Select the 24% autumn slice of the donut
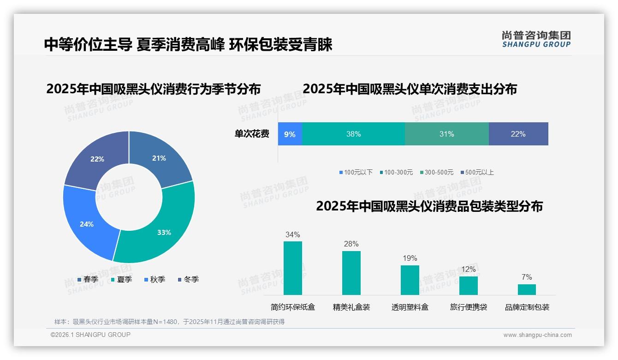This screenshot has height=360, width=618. pos(85,222)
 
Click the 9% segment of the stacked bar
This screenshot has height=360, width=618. pos(290,134)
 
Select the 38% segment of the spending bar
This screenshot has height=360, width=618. pos(353,134)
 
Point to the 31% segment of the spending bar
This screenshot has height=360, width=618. pos(446,134)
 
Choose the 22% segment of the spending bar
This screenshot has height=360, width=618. pos(518,134)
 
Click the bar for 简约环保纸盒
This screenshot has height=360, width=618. pos(292,268)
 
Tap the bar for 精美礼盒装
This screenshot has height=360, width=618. pos(351,273)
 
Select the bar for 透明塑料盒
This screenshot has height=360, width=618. pos(410,280)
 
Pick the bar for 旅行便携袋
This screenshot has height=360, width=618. pos(468,285)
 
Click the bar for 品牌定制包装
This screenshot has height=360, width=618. pos(527,289)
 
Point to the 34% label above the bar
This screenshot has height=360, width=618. pos(292,234)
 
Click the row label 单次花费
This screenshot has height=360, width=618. pos(252,134)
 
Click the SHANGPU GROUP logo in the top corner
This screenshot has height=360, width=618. pos(536,39)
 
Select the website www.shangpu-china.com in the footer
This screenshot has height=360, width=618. pos(537,335)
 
